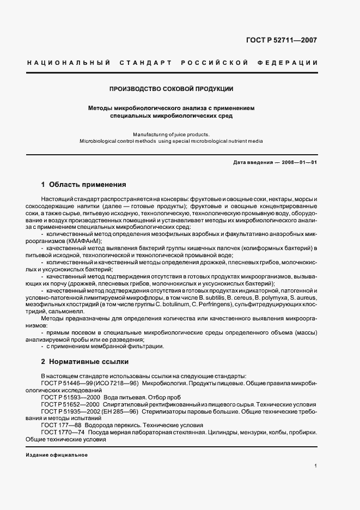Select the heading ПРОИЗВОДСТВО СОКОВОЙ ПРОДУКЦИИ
point(172,88)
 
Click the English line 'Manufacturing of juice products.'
point(171,133)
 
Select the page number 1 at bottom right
point(316,466)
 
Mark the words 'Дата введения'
point(253,163)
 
